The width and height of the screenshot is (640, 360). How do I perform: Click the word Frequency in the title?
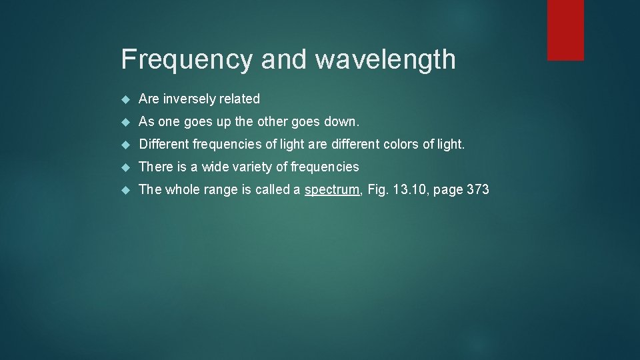(x=186, y=59)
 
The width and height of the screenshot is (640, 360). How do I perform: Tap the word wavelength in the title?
(x=385, y=59)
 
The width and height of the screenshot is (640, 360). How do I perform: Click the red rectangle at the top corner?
(x=565, y=30)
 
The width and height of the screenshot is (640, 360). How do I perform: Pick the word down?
(x=343, y=122)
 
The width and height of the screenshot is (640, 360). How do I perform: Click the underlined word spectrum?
(x=332, y=190)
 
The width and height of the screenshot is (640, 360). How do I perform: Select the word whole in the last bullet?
(x=182, y=190)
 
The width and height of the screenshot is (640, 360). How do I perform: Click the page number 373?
(x=478, y=190)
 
